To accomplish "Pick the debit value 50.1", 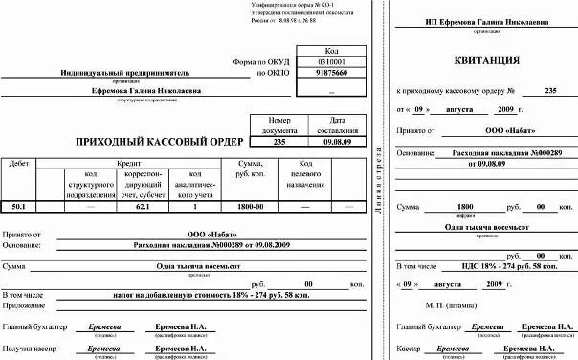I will point(18,206).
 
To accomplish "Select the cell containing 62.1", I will point(143,206).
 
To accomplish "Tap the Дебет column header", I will point(18,165).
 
